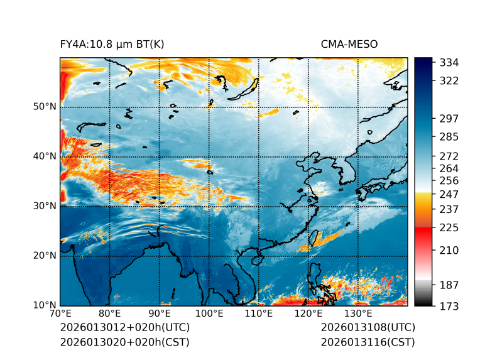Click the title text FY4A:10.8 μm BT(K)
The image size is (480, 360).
pyautogui.click(x=112, y=44)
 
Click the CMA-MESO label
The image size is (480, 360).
pyautogui.click(x=349, y=44)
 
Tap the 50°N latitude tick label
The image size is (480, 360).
pyautogui.click(x=45, y=107)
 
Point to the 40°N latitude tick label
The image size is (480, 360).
pyautogui.click(x=45, y=156)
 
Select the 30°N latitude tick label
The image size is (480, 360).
pyautogui.click(x=45, y=206)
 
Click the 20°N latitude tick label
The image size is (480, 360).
pyautogui.click(x=45, y=256)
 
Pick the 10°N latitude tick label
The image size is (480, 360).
pyautogui.click(x=45, y=305)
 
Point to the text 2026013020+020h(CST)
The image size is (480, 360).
pyautogui.click(x=124, y=342)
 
